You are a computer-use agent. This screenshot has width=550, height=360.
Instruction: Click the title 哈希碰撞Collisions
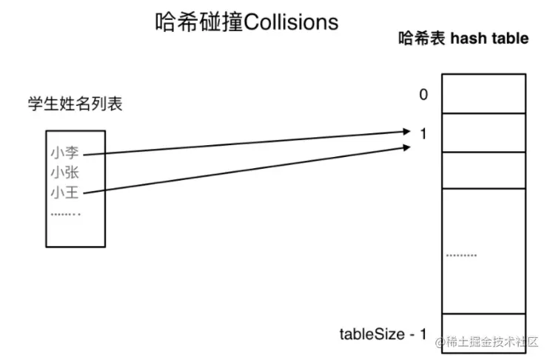tap(247, 21)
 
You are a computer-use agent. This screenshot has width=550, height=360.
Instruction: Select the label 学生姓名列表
tap(75, 104)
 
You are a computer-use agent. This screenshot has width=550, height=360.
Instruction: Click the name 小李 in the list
tap(64, 153)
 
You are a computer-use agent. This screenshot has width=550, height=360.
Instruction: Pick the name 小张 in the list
tap(64, 173)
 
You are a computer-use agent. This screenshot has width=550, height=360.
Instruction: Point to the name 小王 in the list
tap(64, 193)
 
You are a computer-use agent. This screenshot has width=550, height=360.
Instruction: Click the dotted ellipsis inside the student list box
tap(64, 214)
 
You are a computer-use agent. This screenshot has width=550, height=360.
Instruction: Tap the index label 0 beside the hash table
tap(423, 94)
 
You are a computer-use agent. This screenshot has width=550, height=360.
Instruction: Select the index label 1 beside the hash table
tap(423, 134)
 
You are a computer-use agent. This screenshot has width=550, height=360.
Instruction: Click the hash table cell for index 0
tap(484, 93)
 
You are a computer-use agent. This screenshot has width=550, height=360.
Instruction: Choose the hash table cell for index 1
tap(484, 132)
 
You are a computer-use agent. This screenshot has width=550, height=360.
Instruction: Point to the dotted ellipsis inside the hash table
tap(461, 256)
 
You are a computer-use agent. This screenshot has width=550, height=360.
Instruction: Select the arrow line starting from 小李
tap(244, 143)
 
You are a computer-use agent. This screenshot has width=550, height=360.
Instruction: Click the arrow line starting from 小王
tap(244, 171)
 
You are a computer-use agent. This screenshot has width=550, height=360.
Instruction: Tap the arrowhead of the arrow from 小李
tap(406, 132)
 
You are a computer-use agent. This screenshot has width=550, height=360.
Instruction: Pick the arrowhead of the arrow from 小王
tap(406, 147)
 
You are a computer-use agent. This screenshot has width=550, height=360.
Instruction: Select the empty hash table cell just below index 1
tap(484, 170)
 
